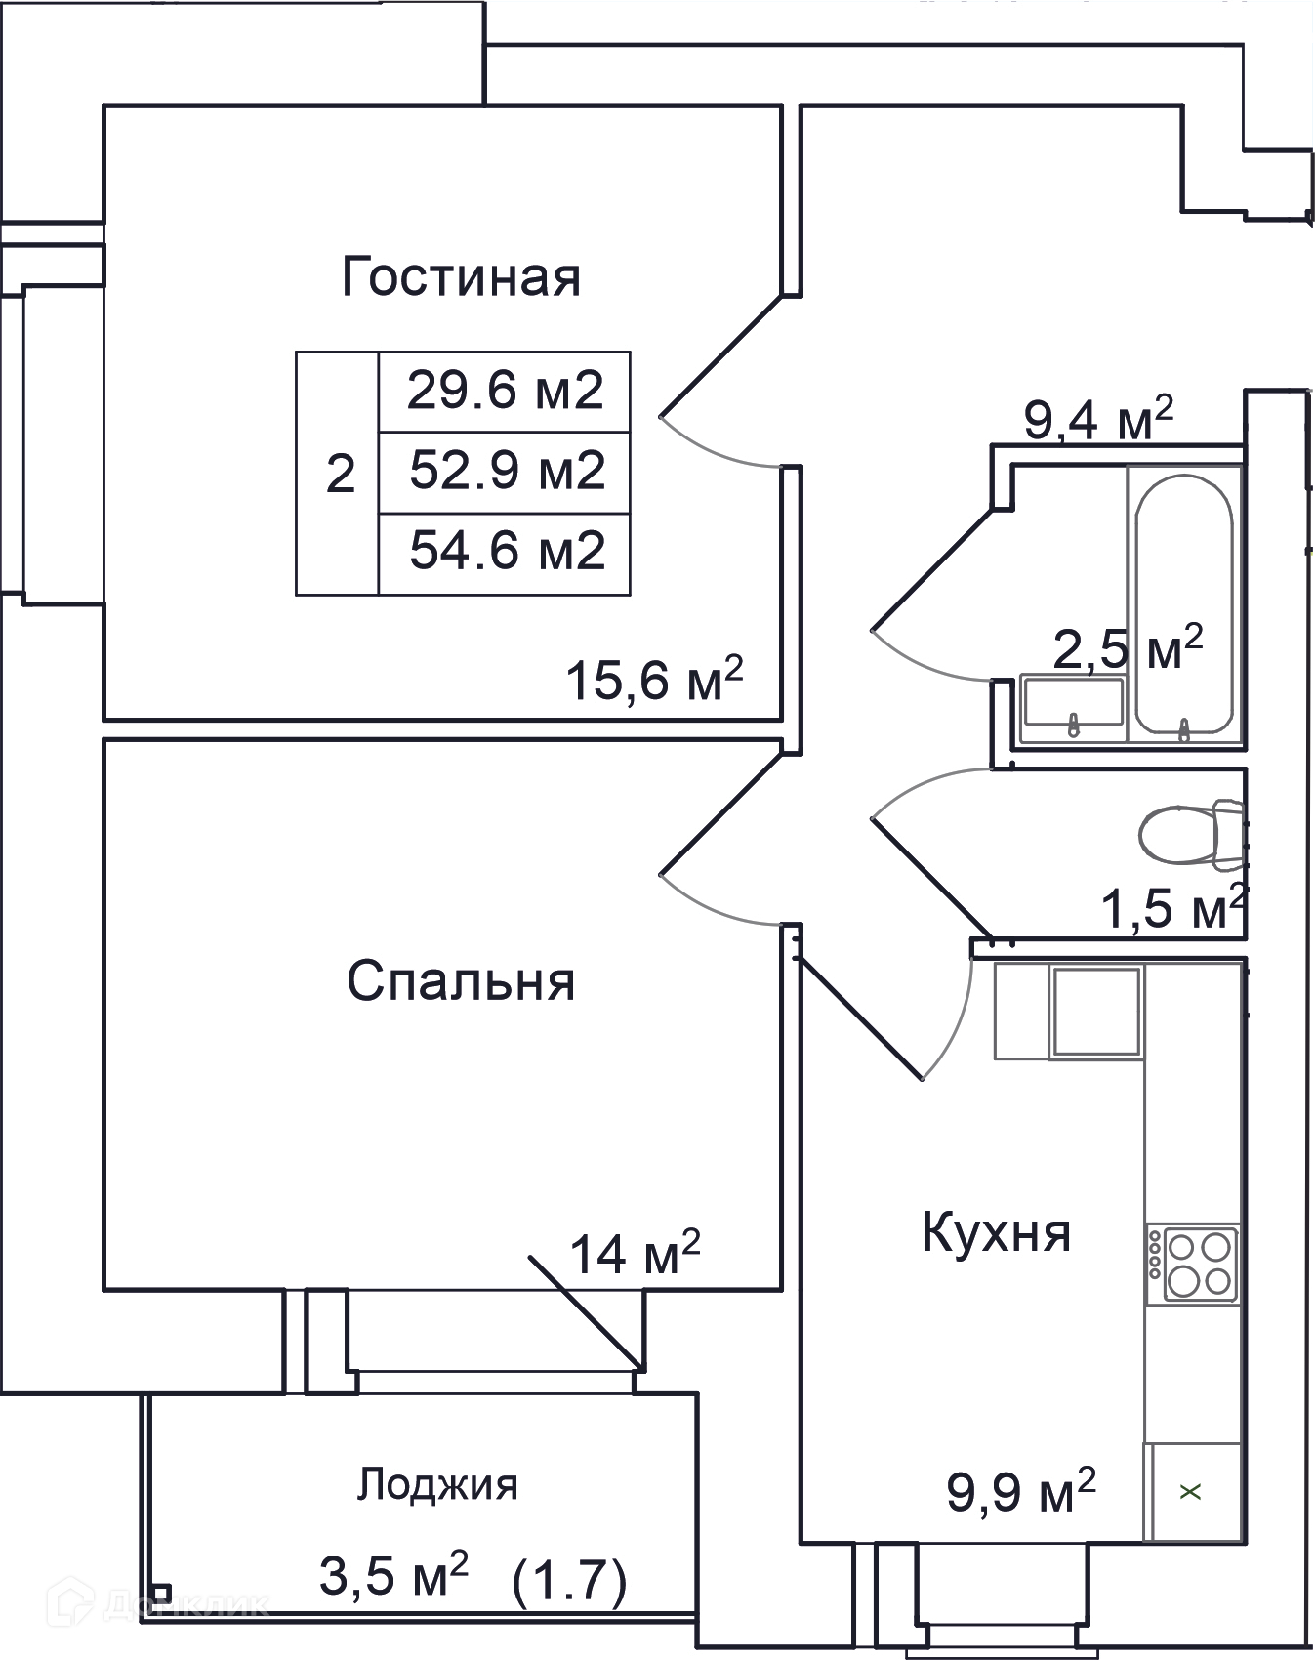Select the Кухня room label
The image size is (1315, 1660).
pyautogui.click(x=996, y=1232)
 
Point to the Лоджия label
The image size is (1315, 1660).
pyautogui.click(x=436, y=1485)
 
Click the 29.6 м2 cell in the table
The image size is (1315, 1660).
pyautogui.click(x=505, y=391)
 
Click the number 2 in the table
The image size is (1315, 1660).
pyautogui.click(x=340, y=475)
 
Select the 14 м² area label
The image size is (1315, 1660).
pyautogui.click(x=635, y=1253)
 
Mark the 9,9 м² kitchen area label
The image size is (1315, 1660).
pyautogui.click(x=1021, y=1491)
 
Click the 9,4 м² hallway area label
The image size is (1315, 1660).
pyautogui.click(x=1097, y=419)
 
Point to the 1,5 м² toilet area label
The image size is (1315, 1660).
pyautogui.click(x=1173, y=907)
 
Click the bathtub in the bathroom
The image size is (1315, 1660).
pyautogui.click(x=1183, y=604)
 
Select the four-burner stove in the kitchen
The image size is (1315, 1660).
pyautogui.click(x=1193, y=1264)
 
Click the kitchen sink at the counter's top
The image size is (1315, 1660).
pyautogui.click(x=1095, y=1012)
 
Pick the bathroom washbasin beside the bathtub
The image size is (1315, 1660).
pyautogui.click(x=1072, y=702)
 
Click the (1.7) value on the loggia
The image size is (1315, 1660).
pyautogui.click(x=569, y=1582)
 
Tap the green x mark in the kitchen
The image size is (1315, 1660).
pyautogui.click(x=1190, y=1491)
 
